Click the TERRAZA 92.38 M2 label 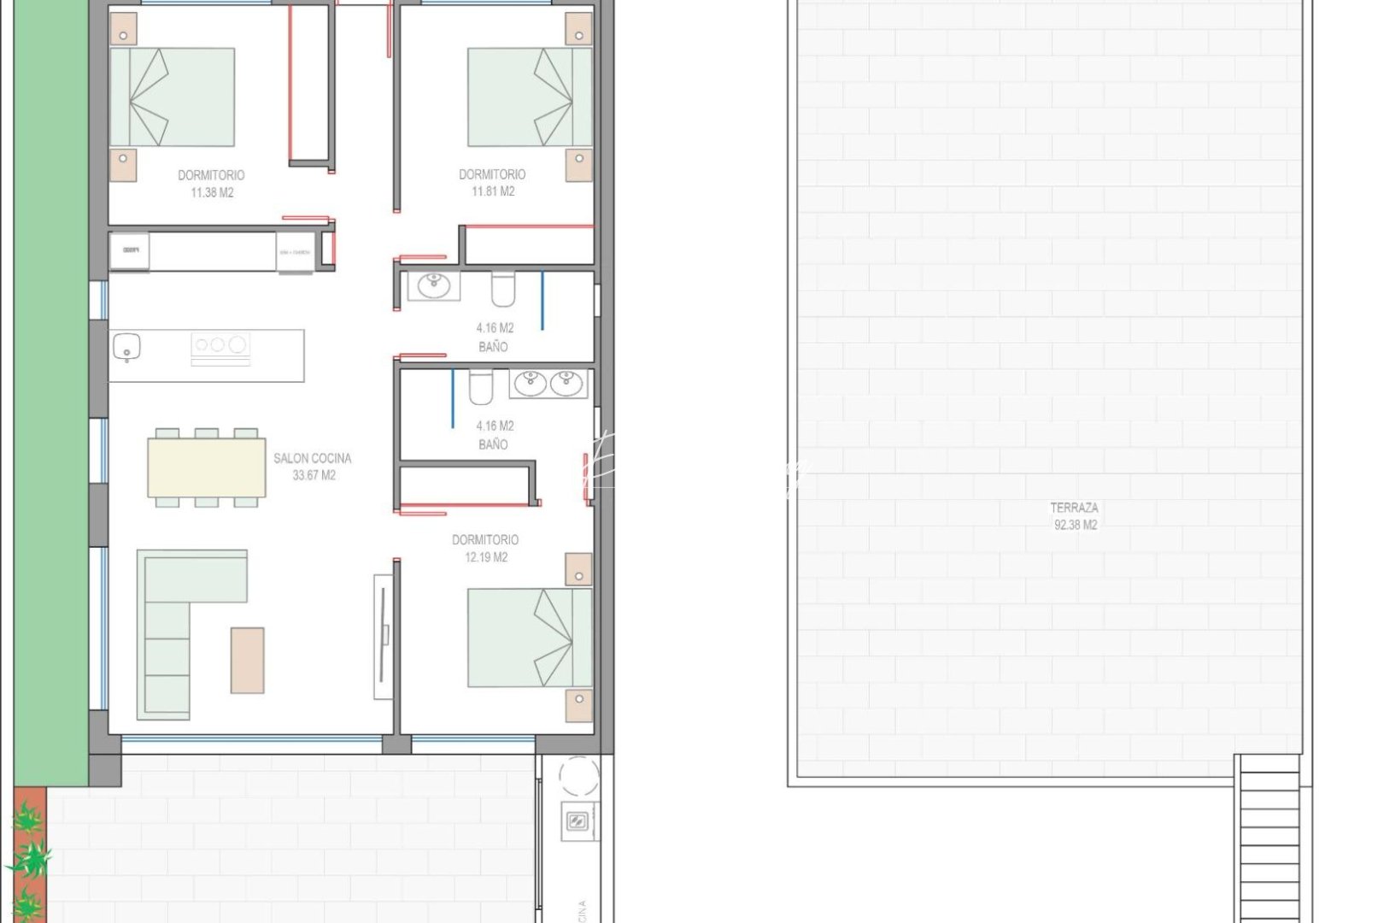point(1074,516)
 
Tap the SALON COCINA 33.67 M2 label point(313,467)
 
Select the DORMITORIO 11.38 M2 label point(211,184)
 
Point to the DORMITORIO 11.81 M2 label point(492,183)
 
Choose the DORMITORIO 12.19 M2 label point(485,549)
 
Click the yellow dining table point(207,467)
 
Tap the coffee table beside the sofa point(247,661)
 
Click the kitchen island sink point(126,347)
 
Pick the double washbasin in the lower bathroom point(548,384)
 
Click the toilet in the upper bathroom point(503,289)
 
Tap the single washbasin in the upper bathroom point(433,285)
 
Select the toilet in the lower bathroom point(481,387)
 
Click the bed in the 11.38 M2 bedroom point(173,97)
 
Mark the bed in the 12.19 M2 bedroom point(530,638)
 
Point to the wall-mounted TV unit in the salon point(384,637)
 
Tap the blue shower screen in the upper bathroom point(542,301)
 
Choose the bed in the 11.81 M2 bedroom point(530,97)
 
